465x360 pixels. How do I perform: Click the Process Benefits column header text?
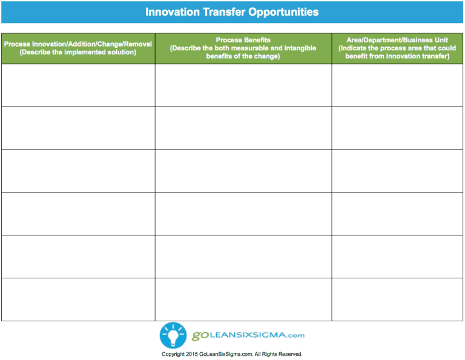(x=243, y=40)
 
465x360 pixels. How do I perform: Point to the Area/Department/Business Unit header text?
(x=397, y=40)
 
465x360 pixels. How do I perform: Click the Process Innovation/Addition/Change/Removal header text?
(x=77, y=44)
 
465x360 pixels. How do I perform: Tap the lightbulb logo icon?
(x=172, y=335)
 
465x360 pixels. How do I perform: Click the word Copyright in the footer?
(x=173, y=354)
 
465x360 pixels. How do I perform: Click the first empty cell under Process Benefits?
(x=243, y=85)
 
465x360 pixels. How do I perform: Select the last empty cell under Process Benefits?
(x=243, y=299)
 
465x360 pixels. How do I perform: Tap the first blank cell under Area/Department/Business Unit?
(x=397, y=85)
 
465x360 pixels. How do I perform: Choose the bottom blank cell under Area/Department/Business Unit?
(x=397, y=299)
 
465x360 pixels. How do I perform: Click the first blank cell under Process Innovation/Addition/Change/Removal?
(x=77, y=85)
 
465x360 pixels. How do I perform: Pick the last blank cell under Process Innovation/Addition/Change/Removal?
(x=77, y=299)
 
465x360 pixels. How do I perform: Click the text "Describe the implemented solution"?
(x=77, y=52)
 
